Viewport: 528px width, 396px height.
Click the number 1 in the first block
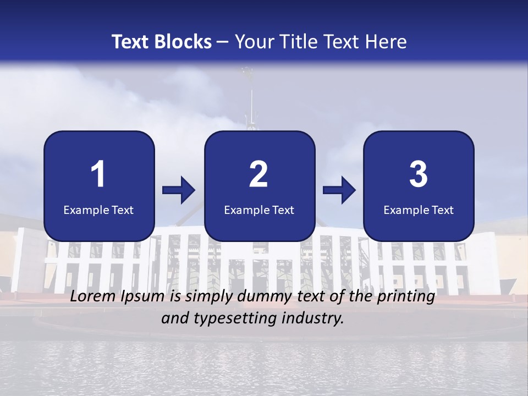(x=98, y=174)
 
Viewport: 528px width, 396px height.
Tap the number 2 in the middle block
(x=258, y=174)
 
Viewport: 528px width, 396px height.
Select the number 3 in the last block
(x=419, y=174)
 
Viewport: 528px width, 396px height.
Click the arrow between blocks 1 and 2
(x=179, y=191)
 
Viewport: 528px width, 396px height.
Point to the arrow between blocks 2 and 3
(x=339, y=191)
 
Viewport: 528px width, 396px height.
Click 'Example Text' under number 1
(x=98, y=210)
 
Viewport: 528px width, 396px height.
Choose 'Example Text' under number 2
(x=259, y=210)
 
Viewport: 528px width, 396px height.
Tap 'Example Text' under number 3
(x=419, y=210)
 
